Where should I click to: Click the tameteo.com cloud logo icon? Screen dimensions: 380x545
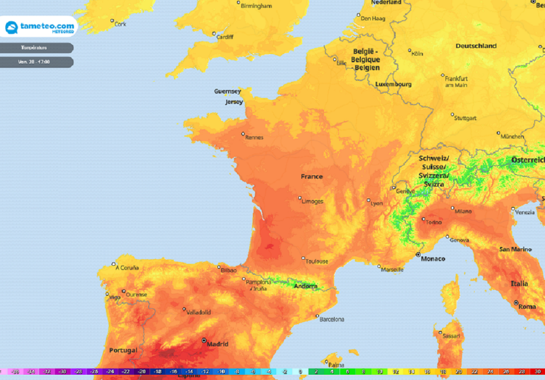[x=12, y=27]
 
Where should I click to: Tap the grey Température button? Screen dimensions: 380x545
[x=35, y=48]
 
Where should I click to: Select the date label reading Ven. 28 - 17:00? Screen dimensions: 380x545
[x=35, y=62]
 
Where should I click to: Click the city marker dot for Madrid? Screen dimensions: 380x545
[x=204, y=340]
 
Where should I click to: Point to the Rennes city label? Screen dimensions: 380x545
[x=254, y=137]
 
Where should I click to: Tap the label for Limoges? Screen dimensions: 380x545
[x=312, y=201]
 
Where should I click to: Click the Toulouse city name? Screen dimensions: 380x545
[x=317, y=261]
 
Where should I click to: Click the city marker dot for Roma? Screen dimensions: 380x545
[x=516, y=303]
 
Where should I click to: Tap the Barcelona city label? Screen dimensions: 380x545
[x=332, y=319]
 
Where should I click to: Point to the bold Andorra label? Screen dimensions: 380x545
[x=305, y=286]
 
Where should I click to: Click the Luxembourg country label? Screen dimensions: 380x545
[x=393, y=84]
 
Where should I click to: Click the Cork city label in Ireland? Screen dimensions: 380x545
[x=121, y=24]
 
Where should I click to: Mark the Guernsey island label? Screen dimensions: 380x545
[x=227, y=91]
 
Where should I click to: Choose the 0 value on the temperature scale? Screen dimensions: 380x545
[x=300, y=371]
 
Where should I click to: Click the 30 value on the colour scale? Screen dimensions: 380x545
[x=537, y=371]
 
